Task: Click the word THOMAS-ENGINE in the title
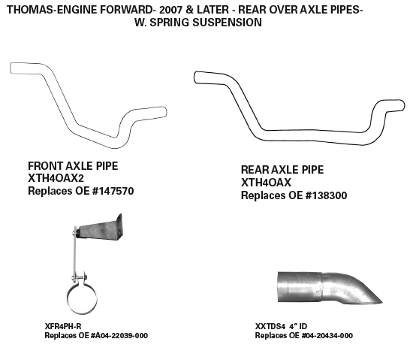[x=52, y=10]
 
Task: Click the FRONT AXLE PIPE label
[x=73, y=166]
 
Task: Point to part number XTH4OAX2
[x=56, y=178]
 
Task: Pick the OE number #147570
[x=113, y=191]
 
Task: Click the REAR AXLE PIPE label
[x=282, y=170]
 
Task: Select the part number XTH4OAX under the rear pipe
[x=266, y=183]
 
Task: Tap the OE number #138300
[x=326, y=195]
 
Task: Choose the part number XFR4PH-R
[x=63, y=326]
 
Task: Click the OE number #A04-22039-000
[x=119, y=335]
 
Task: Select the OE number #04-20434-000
[x=327, y=335]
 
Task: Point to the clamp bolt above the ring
[x=79, y=277]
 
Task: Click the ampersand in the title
[x=189, y=10]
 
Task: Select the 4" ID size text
[x=298, y=326]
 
